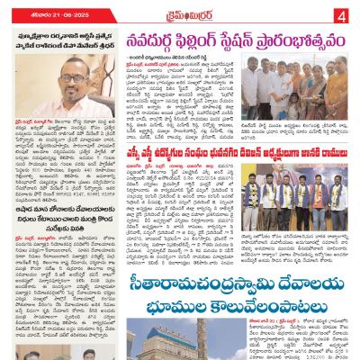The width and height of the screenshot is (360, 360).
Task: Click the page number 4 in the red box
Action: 343,14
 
